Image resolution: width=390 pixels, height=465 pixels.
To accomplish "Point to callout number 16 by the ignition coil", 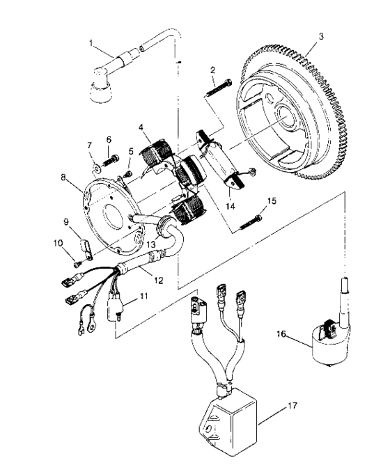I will [141, 127].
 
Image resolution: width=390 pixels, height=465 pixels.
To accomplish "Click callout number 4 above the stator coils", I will [141, 127].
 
